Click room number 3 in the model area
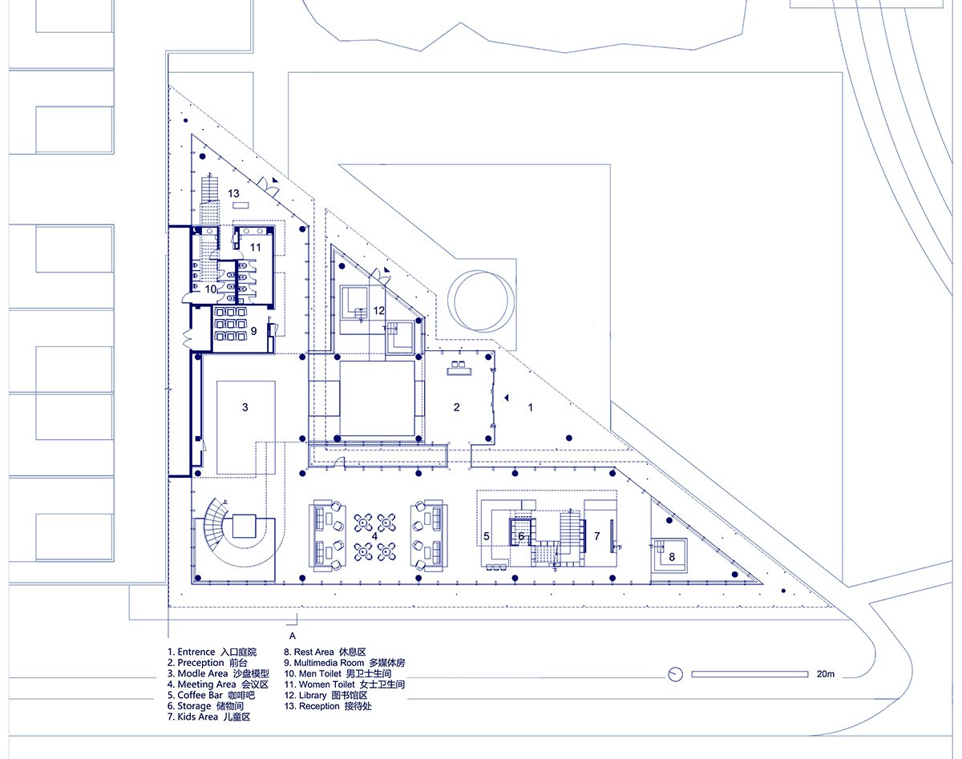[x=245, y=407]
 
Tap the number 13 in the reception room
[x=233, y=193]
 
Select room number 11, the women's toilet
[x=255, y=247]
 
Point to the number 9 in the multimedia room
[x=253, y=331]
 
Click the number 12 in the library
[x=378, y=311]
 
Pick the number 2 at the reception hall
[x=456, y=407]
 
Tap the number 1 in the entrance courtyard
[x=531, y=407]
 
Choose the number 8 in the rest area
[x=672, y=557]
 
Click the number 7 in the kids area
[x=596, y=536]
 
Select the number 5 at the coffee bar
[x=487, y=536]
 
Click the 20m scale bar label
[x=825, y=674]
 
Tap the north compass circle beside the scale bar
[x=676, y=674]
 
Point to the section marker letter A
[x=293, y=636]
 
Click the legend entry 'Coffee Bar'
[x=200, y=695]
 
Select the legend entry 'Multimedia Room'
[x=329, y=663]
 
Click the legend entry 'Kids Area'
[x=197, y=717]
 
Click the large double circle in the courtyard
[x=480, y=301]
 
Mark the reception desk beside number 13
[x=240, y=205]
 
